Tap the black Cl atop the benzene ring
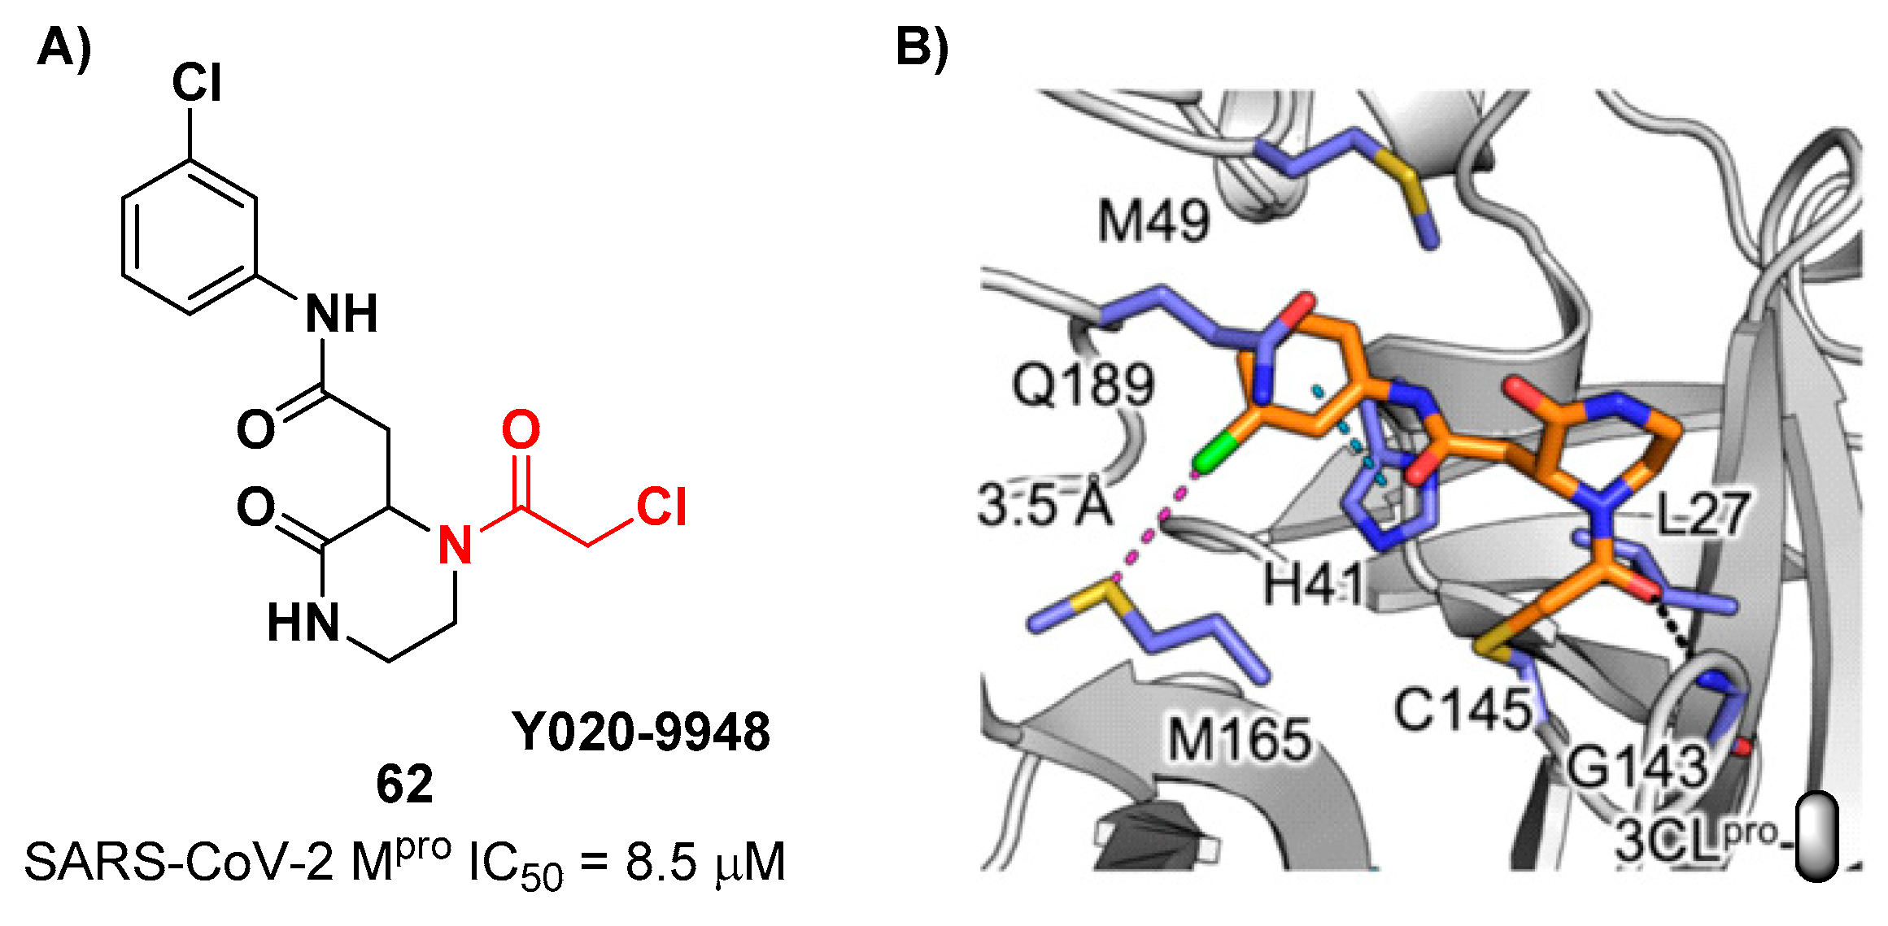tap(196, 83)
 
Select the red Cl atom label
tap(661, 507)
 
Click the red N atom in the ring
tap(455, 545)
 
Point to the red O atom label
tap(521, 430)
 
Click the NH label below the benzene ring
tap(342, 315)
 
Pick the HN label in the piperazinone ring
tap(303, 624)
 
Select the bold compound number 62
tap(404, 785)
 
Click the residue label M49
tap(1153, 221)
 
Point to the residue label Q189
tap(1083, 384)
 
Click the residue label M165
tap(1240, 740)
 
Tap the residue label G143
tap(1637, 766)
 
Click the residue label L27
tap(1703, 514)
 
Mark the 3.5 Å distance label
tap(1044, 505)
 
